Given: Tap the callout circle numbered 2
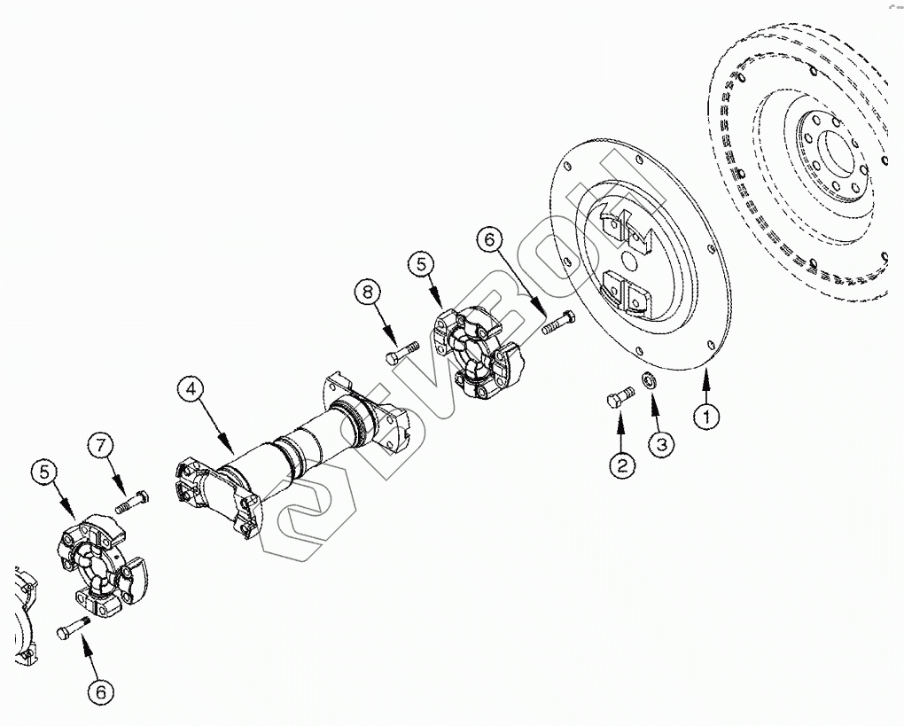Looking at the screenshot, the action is [x=621, y=464].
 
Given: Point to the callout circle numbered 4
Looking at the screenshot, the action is [x=191, y=390].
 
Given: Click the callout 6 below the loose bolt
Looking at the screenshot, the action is [x=100, y=691].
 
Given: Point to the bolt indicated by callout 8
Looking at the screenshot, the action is [x=401, y=352].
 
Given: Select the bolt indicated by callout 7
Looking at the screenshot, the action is [x=131, y=504].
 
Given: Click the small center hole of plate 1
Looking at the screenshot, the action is [x=629, y=262].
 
